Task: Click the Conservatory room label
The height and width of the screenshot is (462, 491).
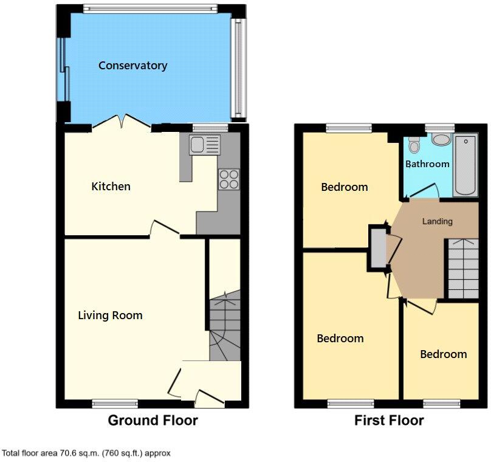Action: (x=132, y=66)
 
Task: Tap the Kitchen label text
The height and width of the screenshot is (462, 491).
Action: (x=111, y=186)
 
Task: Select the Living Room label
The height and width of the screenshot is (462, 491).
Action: (x=110, y=315)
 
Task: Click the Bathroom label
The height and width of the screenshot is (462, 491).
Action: (x=427, y=164)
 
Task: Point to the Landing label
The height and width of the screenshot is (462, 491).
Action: (x=438, y=221)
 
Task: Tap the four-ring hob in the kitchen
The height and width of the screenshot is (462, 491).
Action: (x=229, y=180)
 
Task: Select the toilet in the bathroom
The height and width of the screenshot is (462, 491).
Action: (x=414, y=144)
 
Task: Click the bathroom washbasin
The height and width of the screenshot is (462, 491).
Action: (x=441, y=139)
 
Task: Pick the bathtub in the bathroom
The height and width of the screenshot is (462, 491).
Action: (x=467, y=165)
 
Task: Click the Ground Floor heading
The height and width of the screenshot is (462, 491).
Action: (x=153, y=420)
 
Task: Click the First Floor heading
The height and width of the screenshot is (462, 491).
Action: (x=389, y=420)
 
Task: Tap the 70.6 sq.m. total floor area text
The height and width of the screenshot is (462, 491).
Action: (x=86, y=453)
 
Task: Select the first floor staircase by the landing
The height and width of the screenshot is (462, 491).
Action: (x=462, y=267)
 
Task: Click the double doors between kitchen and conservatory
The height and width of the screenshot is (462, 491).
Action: (x=122, y=123)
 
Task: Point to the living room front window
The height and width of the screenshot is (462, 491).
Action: (x=115, y=403)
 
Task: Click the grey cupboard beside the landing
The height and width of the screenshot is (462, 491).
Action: (x=378, y=246)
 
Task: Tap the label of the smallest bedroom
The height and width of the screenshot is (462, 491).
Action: (x=444, y=354)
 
